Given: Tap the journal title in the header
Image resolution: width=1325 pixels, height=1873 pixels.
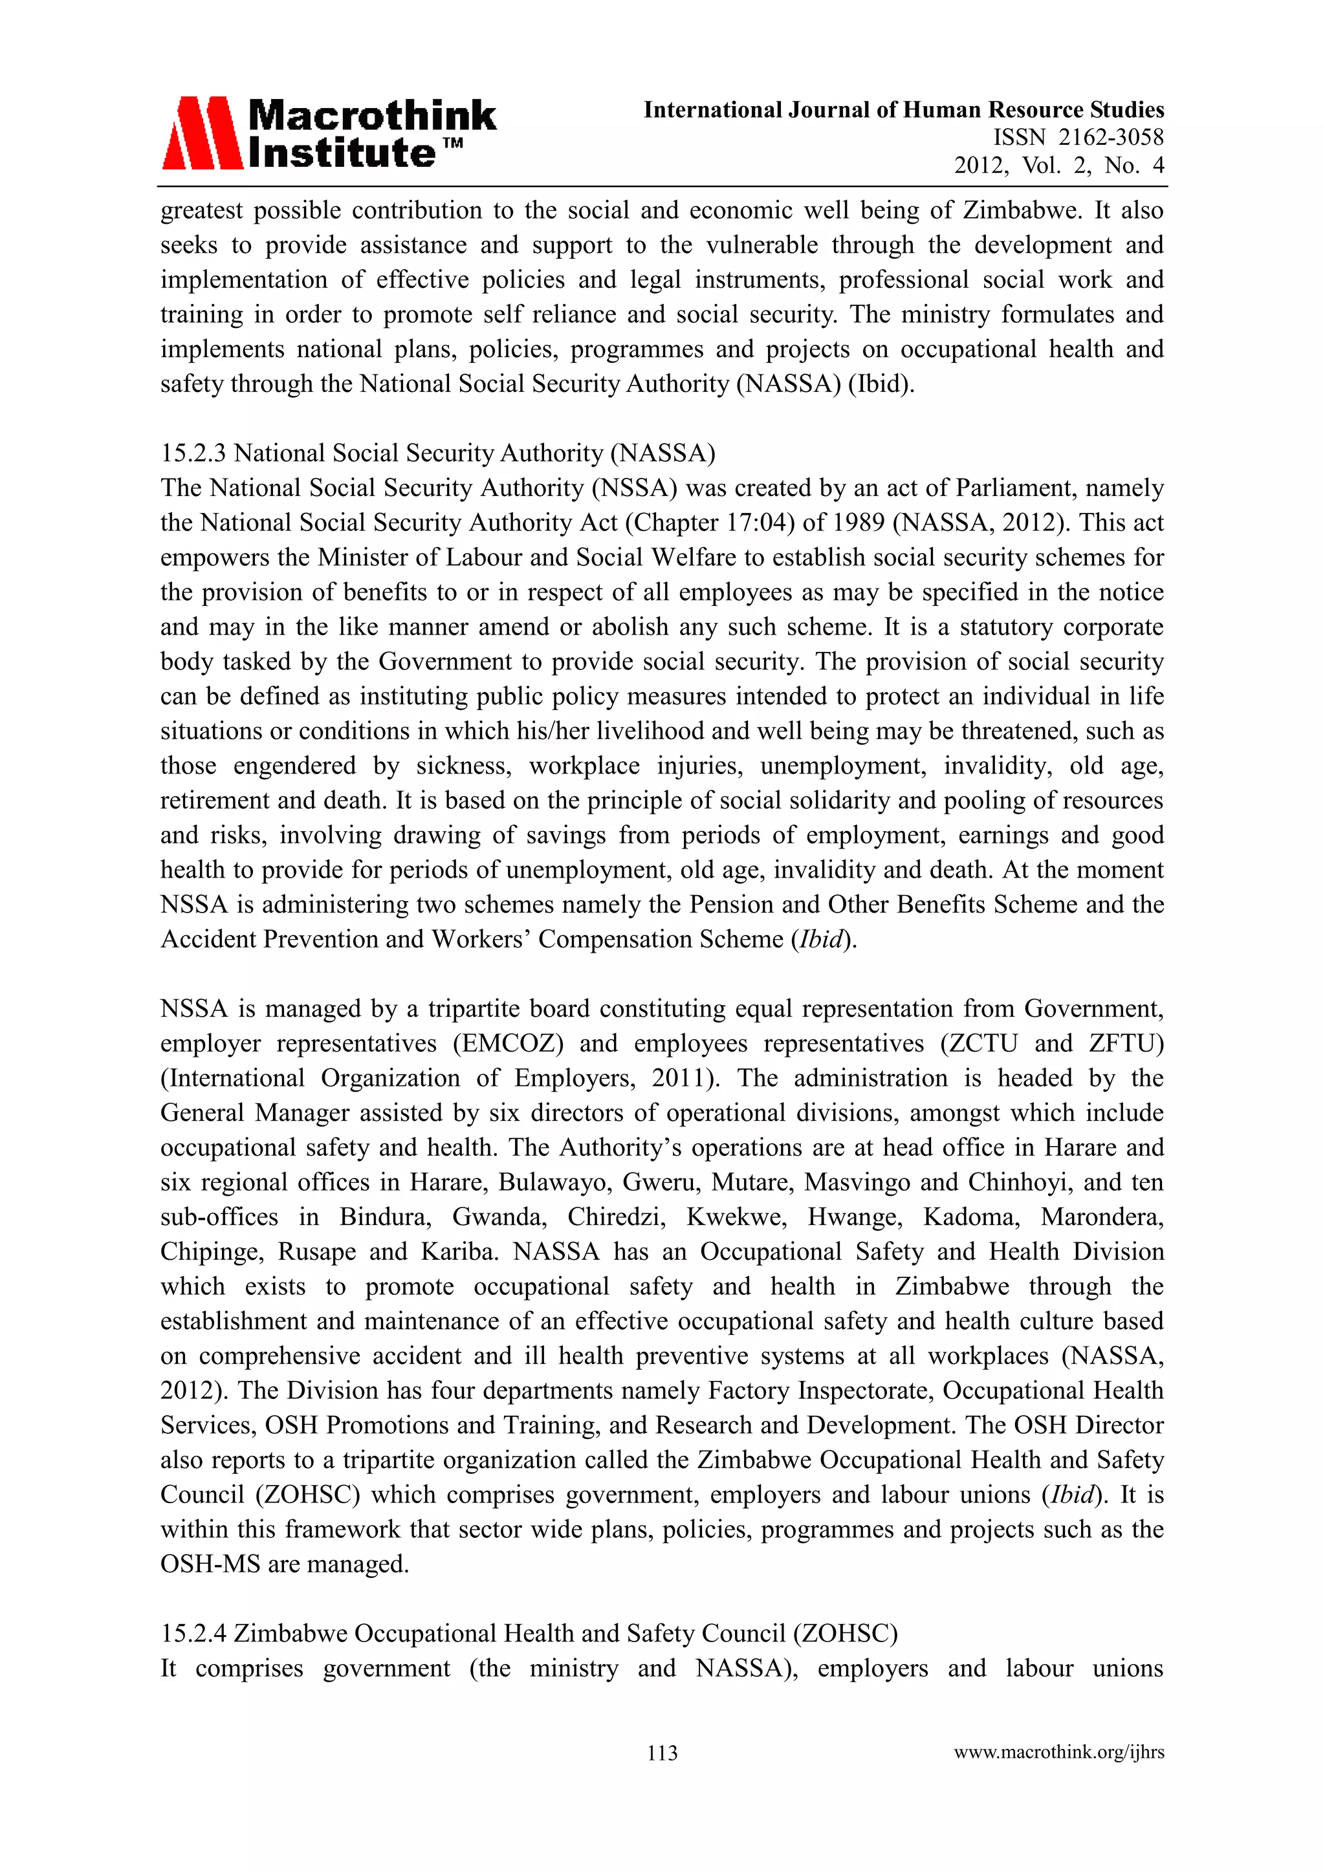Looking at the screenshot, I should pos(903,109).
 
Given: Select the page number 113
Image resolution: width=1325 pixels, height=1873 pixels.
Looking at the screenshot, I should pos(662,1752).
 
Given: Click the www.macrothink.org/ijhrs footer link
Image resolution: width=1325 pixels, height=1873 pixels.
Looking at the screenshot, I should pos(1058,1752).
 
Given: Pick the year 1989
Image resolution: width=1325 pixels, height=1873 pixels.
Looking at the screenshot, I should pos(857,522).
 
